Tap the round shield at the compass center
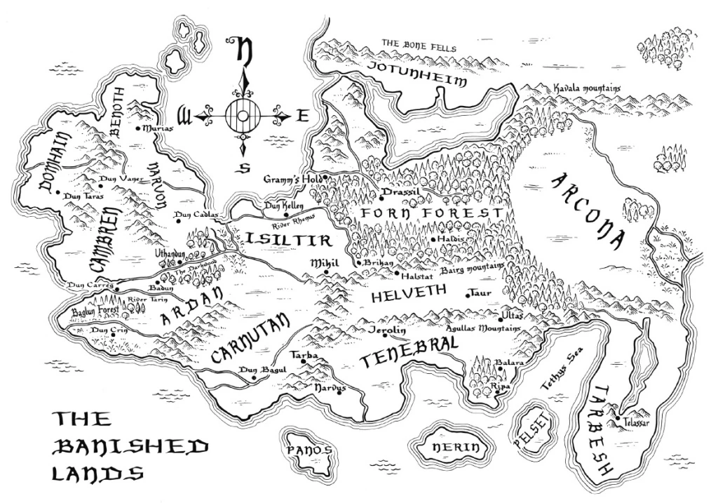pyautogui.click(x=243, y=114)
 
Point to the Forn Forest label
pyautogui.click(x=429, y=213)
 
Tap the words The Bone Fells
pyautogui.click(x=419, y=46)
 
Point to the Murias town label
pyautogui.click(x=156, y=129)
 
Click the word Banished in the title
pyautogui.click(x=131, y=445)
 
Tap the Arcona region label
pyautogui.click(x=588, y=210)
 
